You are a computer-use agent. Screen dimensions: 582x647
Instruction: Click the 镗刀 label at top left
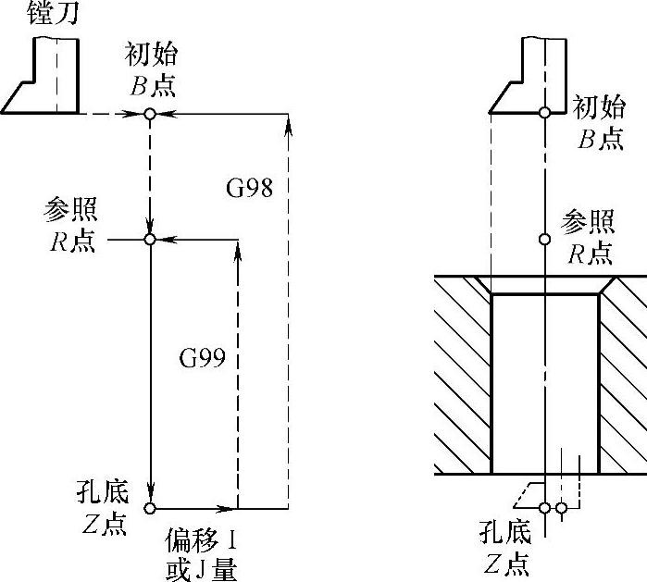coord(33,13)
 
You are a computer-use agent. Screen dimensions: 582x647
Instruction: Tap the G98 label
coord(250,188)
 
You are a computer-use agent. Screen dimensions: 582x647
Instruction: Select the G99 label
coord(202,356)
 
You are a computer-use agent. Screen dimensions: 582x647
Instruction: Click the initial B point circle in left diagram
coord(149,114)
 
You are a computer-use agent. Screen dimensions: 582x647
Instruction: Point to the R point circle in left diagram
coord(149,240)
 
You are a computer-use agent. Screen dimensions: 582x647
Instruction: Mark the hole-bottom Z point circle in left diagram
coord(150,509)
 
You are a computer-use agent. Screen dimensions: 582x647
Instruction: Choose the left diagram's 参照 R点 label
coord(69,225)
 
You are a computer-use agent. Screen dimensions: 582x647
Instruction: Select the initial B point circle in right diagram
coord(545,113)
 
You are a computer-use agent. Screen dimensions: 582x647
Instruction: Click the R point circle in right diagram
coord(545,240)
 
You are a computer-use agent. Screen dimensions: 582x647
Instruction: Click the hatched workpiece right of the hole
coord(624,370)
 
